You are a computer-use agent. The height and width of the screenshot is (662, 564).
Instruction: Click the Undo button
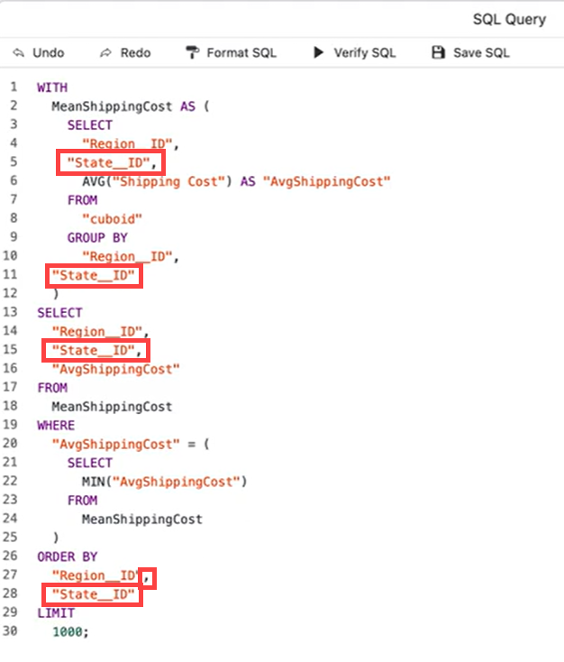click(x=39, y=53)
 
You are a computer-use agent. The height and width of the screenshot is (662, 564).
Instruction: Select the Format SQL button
click(x=232, y=53)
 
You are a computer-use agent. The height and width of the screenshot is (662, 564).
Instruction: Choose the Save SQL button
click(x=470, y=53)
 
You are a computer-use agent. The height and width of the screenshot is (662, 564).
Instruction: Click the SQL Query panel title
click(x=509, y=19)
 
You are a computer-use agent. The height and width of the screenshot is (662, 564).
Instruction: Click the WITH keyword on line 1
click(x=51, y=87)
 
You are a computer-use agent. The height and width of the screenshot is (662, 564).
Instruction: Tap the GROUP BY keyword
click(x=97, y=237)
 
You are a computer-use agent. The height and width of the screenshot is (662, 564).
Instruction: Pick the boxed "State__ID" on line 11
click(x=93, y=275)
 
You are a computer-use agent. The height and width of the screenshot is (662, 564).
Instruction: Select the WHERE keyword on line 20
click(x=56, y=425)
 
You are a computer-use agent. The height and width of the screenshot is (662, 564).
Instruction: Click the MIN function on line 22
click(x=93, y=481)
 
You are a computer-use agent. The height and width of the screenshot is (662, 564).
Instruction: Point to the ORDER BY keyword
click(x=67, y=556)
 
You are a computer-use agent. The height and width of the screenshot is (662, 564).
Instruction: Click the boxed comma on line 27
click(x=150, y=575)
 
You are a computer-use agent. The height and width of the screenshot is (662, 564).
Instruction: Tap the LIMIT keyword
click(x=56, y=613)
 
